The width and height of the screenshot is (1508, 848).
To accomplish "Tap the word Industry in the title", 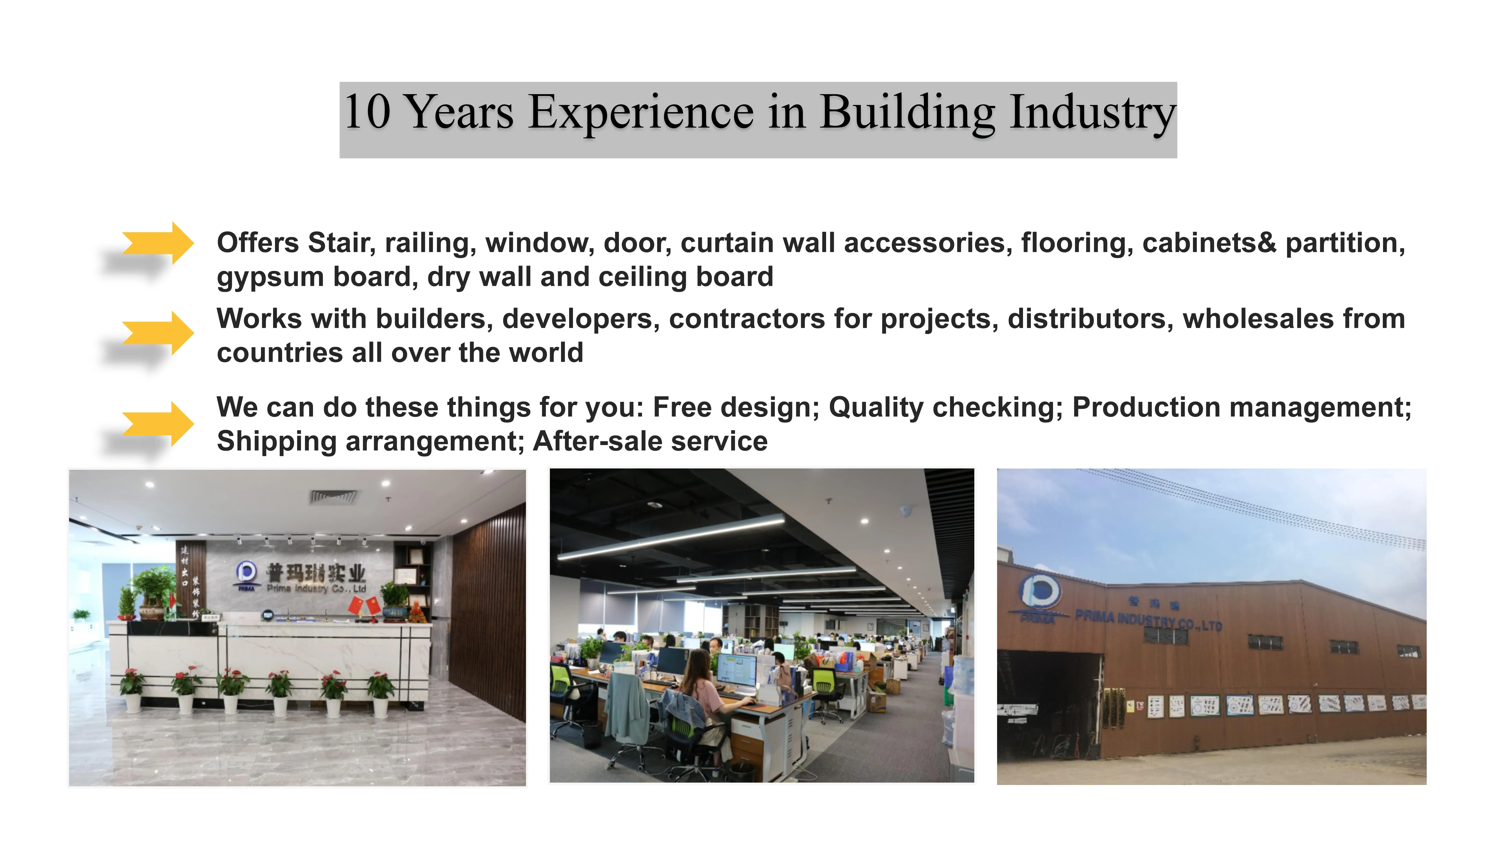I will (1092, 112).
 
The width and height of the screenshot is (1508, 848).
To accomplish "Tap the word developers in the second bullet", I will (581, 319).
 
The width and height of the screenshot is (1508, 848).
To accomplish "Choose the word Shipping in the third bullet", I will (276, 441).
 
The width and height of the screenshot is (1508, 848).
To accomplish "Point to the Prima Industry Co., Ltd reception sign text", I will (316, 588).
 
